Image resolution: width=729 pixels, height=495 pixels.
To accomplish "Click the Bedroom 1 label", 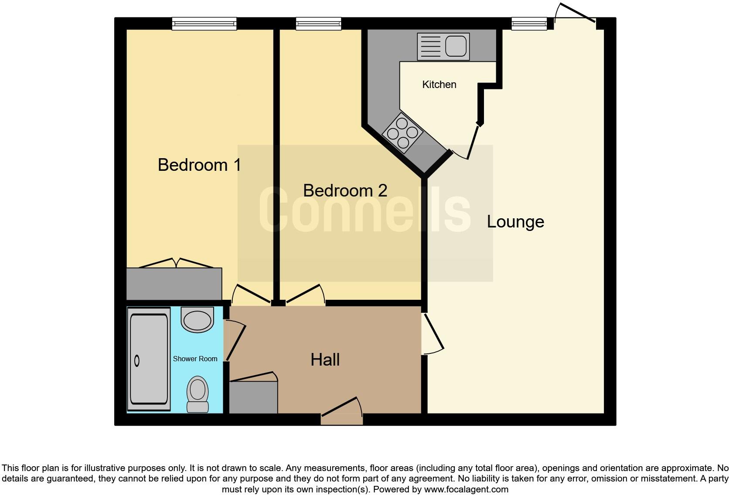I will (x=199, y=165).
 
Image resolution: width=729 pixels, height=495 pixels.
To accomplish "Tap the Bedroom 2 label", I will (x=345, y=191).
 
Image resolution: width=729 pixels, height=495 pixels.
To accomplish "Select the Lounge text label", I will (x=515, y=222).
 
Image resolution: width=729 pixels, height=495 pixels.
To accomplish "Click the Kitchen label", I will (x=439, y=85).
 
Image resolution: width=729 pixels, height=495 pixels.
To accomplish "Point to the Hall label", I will (x=325, y=360).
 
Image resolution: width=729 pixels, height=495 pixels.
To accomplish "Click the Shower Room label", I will (x=195, y=359).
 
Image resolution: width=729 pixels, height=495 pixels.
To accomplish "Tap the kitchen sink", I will (x=443, y=46).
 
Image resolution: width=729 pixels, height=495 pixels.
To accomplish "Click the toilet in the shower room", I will (x=198, y=393).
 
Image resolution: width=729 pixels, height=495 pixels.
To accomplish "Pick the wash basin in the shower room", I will (x=198, y=319).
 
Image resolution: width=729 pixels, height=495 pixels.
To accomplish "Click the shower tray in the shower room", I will (x=149, y=359).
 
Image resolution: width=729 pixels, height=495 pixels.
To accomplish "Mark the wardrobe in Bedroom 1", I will (x=174, y=284).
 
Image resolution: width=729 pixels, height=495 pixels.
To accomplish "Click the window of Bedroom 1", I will (x=204, y=24).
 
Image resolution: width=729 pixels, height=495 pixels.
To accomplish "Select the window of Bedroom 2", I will (x=318, y=24).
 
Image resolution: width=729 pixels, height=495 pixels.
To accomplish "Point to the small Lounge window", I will (x=529, y=24).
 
